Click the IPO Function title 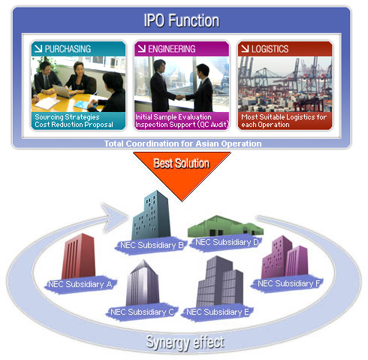[182, 20]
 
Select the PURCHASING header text [68, 49]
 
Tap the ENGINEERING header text [172, 49]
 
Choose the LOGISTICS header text [270, 49]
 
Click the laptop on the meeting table [62, 91]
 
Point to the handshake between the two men [180, 97]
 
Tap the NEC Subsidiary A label [80, 284]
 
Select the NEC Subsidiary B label [152, 245]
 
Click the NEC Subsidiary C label [142, 312]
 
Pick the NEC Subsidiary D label [227, 242]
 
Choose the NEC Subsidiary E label [218, 312]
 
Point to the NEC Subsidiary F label [289, 283]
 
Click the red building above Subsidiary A [79, 256]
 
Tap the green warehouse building [225, 226]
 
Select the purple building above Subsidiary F [285, 257]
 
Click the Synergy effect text [186, 343]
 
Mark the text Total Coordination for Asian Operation [183, 144]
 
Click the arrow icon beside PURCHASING [38, 48]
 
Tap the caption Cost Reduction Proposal [74, 125]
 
